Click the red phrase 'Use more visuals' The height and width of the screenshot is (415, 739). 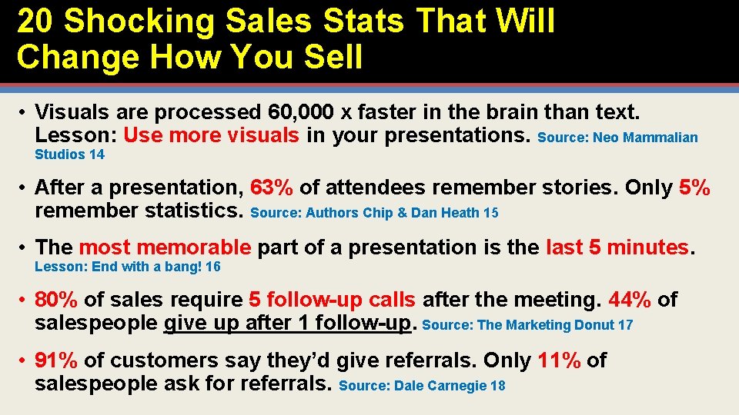click(211, 136)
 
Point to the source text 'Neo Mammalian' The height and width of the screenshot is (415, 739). click(656, 138)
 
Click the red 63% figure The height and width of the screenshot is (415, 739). click(271, 188)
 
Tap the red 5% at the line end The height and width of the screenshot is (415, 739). click(694, 188)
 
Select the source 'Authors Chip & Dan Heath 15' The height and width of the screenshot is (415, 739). click(402, 213)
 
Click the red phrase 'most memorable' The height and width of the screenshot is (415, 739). click(165, 247)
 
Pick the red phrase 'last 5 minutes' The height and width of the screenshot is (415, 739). click(617, 247)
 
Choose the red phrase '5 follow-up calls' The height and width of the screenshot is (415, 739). click(333, 300)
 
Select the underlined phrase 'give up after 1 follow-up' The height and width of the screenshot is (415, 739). click(289, 324)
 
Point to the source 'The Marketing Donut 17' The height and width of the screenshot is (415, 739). click(555, 325)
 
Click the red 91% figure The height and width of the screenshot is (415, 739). click(56, 360)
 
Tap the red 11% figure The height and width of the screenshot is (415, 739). click(560, 360)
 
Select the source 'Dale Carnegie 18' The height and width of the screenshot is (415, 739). click(450, 386)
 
